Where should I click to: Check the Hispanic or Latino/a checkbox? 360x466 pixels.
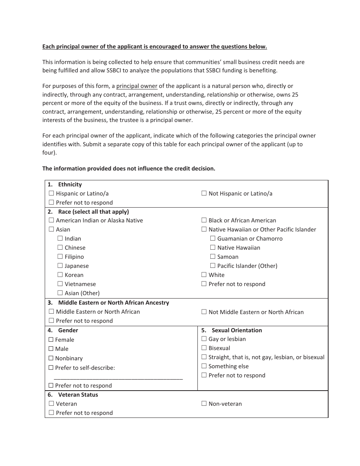point(52,193)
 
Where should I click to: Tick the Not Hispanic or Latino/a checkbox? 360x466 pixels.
point(204,193)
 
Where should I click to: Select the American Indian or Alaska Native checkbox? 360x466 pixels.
point(52,220)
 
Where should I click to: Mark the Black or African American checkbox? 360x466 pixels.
point(204,220)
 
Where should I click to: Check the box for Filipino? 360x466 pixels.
point(60,256)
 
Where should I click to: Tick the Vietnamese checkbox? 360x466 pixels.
point(60,284)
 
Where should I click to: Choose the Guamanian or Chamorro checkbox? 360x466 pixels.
point(213,238)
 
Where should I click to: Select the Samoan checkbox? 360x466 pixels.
point(213,256)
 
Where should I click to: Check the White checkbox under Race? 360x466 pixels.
point(204,275)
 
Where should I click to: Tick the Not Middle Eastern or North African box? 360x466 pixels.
point(204,312)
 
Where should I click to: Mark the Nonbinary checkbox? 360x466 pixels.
point(51,358)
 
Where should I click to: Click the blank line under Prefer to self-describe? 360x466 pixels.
point(118,377)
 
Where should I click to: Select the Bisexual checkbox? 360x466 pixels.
point(204,348)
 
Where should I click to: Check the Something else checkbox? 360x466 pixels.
point(204,366)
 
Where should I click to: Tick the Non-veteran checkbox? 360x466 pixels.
point(204,403)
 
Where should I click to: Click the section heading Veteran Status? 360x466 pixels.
point(78,395)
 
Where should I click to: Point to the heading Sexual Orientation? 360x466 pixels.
point(236,330)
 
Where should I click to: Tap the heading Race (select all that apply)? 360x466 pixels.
point(93,212)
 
